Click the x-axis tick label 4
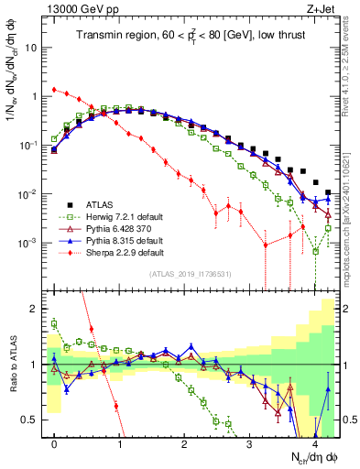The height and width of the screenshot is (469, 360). coord(314,442)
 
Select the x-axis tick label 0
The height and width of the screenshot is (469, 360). coord(54,442)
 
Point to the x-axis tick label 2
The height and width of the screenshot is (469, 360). coord(184,442)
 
